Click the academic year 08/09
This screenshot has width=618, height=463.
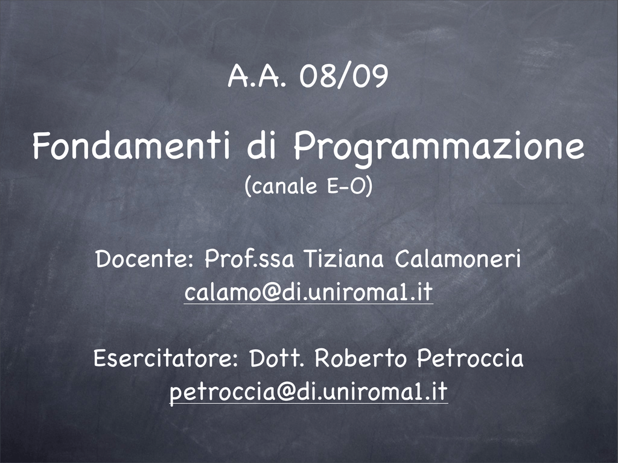pos(343,76)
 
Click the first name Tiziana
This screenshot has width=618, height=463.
pos(343,259)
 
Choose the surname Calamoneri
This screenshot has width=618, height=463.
pos(457,259)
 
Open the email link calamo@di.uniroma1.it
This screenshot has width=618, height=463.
pos(308,292)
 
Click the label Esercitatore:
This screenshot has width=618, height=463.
pos(165,358)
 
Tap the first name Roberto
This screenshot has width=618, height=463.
pos(360,358)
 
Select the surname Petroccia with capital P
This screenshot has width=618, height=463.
pos(470,358)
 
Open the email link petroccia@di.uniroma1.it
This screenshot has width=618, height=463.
pos(308,392)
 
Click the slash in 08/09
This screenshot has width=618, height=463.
pos(343,77)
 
